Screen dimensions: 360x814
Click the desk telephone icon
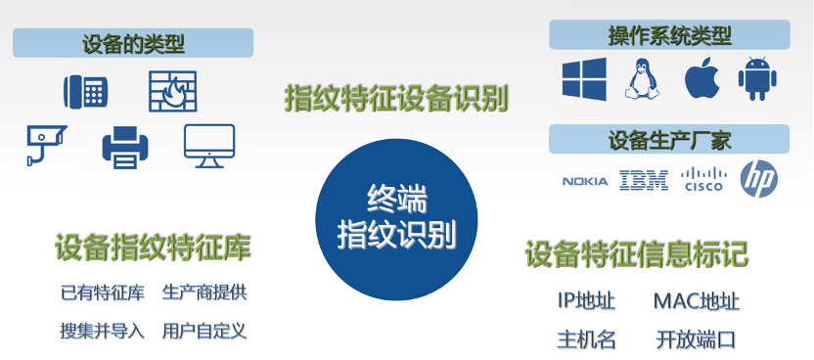pos(85,92)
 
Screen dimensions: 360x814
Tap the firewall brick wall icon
pos(172,91)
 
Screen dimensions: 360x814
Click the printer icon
pos(126,146)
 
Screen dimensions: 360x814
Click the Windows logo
pos(584,79)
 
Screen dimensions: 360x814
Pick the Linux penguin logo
pos(639,78)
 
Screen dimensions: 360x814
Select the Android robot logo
pos(757,79)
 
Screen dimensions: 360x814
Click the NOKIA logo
pos(585,180)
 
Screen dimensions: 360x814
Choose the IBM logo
pos(644,180)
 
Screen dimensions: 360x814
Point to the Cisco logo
pos(702,180)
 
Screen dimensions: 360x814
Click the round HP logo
pos(760,179)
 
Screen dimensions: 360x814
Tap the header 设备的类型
pos(133,43)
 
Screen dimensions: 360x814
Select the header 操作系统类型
pos(670,36)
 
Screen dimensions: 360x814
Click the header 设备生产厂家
pos(670,140)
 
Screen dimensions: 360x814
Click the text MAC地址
pos(696,301)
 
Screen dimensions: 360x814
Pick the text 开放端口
pos(696,339)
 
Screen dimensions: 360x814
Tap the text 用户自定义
pos(204,331)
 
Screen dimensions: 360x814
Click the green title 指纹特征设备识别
pos(396,98)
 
